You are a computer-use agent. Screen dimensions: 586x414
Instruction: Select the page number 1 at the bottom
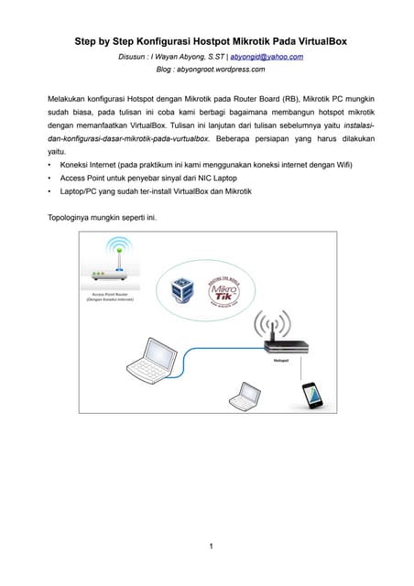pos(210,547)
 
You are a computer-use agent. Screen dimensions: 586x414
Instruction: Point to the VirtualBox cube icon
pos(179,290)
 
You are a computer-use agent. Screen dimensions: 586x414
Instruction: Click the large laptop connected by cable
pos(147,361)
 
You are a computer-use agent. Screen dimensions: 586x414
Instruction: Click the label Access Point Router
pos(109,295)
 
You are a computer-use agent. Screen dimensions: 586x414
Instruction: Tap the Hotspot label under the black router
pos(281,362)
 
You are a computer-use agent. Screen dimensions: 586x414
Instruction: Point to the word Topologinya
pos(71,218)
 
